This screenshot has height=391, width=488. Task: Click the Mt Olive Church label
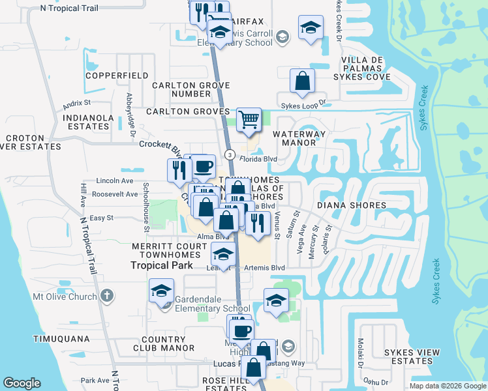coord(65,297)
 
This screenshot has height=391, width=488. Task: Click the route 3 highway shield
coord(230,154)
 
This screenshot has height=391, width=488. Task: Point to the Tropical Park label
coord(162,265)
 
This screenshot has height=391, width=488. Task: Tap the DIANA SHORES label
coord(352,205)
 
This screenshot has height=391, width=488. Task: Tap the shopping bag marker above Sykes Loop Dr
coord(303,81)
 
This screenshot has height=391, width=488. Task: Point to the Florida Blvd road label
coord(258,159)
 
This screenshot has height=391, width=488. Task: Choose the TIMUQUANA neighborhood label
coord(61,339)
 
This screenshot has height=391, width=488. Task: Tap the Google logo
coord(22,383)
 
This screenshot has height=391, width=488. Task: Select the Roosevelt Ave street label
coord(115,194)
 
